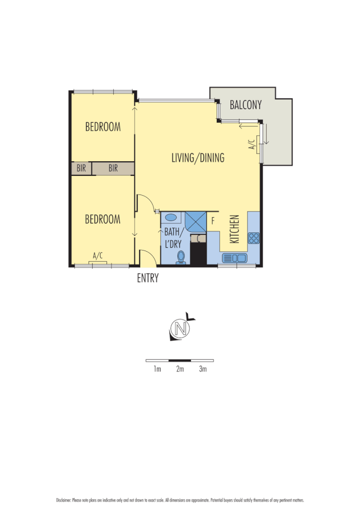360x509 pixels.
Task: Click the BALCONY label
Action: [x=246, y=105]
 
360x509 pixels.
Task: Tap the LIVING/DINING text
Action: [x=198, y=158]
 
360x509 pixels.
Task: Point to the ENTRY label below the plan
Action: [x=148, y=278]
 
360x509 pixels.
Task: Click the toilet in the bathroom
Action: [x=181, y=257]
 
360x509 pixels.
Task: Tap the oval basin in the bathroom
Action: [x=170, y=217]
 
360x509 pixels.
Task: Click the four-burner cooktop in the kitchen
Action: [x=254, y=238]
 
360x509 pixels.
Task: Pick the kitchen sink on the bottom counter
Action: [x=234, y=258]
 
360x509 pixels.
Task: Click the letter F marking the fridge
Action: [x=213, y=221]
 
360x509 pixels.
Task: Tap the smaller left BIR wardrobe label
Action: [x=81, y=168]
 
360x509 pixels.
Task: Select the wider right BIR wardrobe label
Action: [x=113, y=168]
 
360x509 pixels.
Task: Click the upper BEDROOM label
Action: [x=102, y=127]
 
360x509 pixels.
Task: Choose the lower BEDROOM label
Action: [x=102, y=219]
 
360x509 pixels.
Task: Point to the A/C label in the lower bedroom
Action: [x=97, y=256]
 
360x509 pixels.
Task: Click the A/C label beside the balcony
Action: [x=252, y=145]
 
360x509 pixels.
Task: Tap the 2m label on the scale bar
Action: [x=180, y=369]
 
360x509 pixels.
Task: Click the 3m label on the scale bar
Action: [x=203, y=369]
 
